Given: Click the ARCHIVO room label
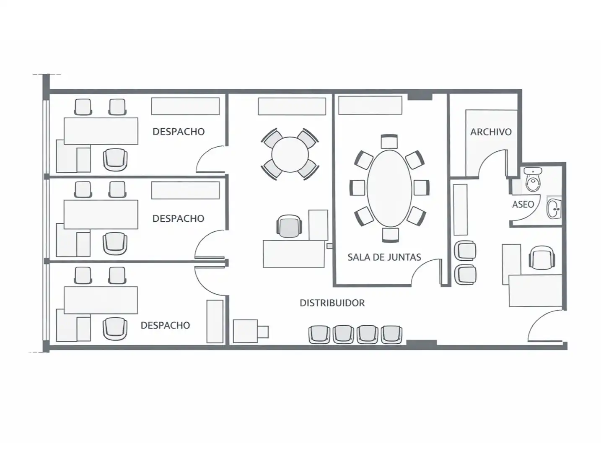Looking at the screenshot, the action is coord(491,132).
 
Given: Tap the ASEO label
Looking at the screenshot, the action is coord(523,204).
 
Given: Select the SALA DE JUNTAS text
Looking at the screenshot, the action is coord(384,257).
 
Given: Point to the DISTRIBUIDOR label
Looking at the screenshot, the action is coord(332,303).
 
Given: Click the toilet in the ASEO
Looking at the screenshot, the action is coord(533,179).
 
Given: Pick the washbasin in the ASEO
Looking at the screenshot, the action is coord(554,209).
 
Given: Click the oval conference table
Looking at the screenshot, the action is coord(389,188).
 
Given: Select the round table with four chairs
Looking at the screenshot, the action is coord(290,154).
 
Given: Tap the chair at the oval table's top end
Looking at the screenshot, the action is coord(389,142).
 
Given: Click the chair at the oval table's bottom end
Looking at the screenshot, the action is coord(391,235).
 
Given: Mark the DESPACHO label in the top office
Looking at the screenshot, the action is coord(178,132).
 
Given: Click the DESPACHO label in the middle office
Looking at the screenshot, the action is coord(178,218).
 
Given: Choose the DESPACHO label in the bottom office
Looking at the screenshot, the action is coord(165,325).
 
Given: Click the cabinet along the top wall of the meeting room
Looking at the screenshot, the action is coord(370,105).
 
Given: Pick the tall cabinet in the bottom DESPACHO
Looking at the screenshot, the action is coord(215,321).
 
